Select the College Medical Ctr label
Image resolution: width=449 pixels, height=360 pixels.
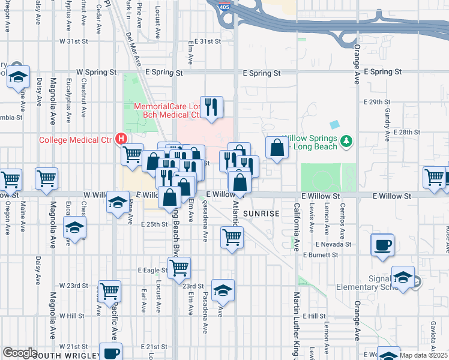pyautogui.click(x=76, y=140)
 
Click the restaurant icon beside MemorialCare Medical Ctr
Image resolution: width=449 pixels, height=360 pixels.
pyautogui.click(x=211, y=107)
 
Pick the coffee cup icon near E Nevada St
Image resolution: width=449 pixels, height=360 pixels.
pyautogui.click(x=382, y=245)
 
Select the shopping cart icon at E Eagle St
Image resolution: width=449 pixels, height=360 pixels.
pyautogui.click(x=179, y=268)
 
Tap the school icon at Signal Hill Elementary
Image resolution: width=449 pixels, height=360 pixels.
pyautogui.click(x=402, y=277)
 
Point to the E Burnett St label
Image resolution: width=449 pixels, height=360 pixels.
pyautogui.click(x=321, y=255)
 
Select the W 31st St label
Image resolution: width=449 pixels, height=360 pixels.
pyautogui.click(x=73, y=42)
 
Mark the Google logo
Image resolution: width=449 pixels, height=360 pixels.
pyautogui.click(x=20, y=353)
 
